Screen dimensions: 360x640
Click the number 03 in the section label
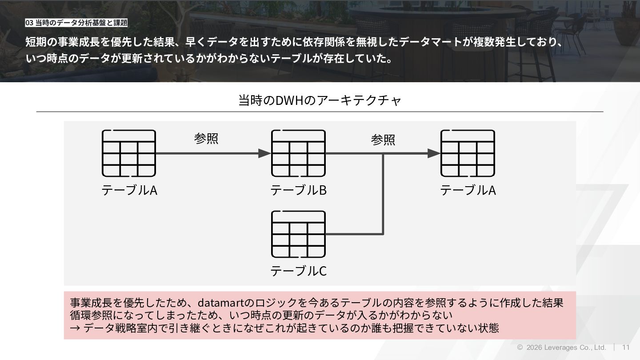point(29,23)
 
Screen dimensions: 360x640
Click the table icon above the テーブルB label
point(298,153)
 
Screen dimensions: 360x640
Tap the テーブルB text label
point(298,190)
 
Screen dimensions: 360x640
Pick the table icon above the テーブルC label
point(298,234)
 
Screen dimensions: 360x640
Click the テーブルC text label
point(298,271)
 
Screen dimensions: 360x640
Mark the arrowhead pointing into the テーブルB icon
point(264,153)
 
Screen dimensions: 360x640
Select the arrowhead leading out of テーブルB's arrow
point(434,153)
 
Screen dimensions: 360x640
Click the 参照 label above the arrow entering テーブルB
point(206,139)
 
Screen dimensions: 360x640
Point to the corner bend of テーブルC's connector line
point(383,233)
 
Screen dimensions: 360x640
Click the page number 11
point(626,347)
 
